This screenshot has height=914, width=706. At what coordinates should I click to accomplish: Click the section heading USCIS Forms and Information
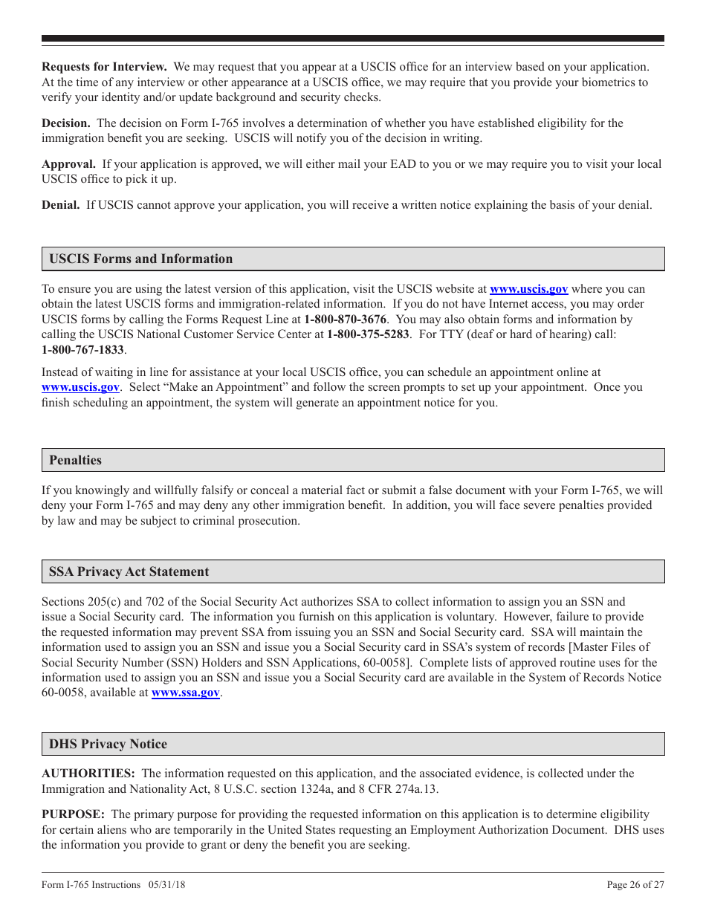(x=140, y=259)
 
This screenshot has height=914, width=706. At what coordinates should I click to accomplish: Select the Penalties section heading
(x=75, y=460)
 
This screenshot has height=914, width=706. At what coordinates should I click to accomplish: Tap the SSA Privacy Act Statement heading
(x=129, y=571)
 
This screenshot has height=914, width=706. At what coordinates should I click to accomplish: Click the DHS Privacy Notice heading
(x=108, y=744)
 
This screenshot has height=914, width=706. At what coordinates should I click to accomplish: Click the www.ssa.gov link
(x=186, y=693)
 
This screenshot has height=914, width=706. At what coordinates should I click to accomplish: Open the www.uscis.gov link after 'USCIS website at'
(x=528, y=289)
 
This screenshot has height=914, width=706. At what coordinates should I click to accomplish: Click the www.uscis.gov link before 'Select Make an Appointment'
(x=80, y=387)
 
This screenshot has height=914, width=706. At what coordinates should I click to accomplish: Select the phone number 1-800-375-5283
(x=368, y=334)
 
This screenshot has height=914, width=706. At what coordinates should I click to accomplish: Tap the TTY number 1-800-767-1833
(x=82, y=350)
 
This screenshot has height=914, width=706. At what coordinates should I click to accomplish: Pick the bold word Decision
(x=66, y=123)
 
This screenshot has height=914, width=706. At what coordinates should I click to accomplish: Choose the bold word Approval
(x=68, y=164)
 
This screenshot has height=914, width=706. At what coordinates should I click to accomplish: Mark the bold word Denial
(x=61, y=205)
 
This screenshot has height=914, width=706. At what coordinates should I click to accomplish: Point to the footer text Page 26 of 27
(x=635, y=885)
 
